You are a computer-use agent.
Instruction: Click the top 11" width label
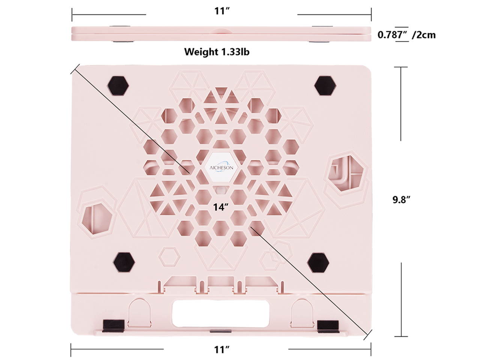coord(222,11)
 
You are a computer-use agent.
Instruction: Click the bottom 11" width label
coord(222,349)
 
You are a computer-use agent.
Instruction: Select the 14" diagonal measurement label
coord(221,207)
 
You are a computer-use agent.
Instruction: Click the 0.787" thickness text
coord(392,35)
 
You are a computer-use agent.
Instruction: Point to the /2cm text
coord(424,35)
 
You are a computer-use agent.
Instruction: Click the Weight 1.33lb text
coord(216,51)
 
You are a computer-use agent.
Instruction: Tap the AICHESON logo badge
coord(221,168)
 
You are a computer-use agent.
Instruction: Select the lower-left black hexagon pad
coord(124,262)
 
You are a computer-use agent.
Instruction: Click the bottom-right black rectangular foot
coord(328,324)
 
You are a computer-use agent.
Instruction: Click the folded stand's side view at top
coord(221,34)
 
